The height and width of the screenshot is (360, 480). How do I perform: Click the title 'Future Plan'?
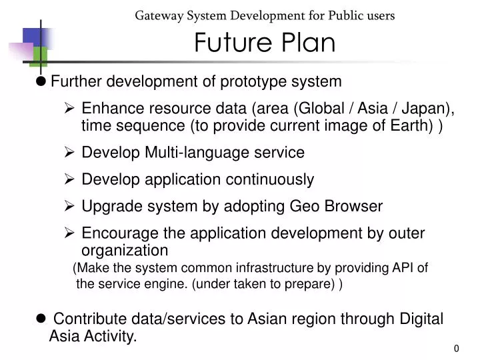tap(265, 43)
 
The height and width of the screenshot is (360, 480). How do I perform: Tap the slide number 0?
tap(457, 349)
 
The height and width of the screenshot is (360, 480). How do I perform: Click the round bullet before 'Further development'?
tap(41, 81)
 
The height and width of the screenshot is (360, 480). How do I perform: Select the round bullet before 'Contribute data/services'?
tap(41, 319)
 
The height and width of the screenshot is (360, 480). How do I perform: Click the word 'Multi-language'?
tap(190, 153)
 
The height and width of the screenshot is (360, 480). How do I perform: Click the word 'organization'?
tap(125, 251)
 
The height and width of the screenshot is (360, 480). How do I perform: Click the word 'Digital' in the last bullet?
tap(421, 319)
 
